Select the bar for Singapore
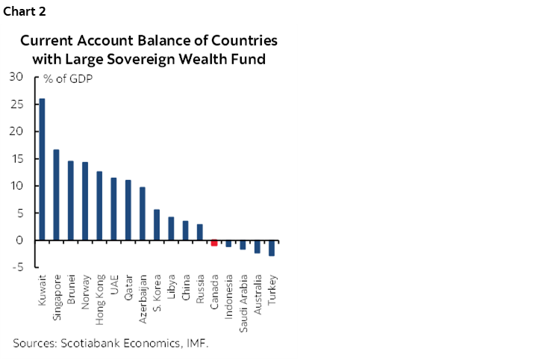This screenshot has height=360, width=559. point(56,195)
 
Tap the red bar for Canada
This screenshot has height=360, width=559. point(214,243)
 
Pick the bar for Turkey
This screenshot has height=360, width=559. point(272,248)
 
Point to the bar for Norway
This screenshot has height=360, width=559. point(85,201)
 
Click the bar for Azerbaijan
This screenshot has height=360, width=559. point(143,214)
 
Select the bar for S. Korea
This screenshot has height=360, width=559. point(157,225)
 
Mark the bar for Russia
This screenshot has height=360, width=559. point(200,232)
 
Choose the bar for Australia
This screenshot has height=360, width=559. point(257,246)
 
